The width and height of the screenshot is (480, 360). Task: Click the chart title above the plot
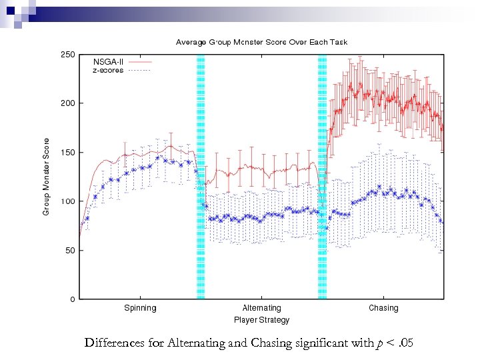[261, 42]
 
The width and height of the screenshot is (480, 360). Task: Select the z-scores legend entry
[107, 70]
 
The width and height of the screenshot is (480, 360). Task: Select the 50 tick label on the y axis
[70, 251]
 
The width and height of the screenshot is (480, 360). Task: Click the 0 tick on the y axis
[72, 299]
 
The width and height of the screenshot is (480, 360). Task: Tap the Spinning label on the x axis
[140, 308]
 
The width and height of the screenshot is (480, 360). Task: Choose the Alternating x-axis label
[261, 308]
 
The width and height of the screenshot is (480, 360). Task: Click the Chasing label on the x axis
[383, 308]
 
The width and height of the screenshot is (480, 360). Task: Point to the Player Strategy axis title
[261, 320]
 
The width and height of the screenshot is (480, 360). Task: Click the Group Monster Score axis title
[46, 177]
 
